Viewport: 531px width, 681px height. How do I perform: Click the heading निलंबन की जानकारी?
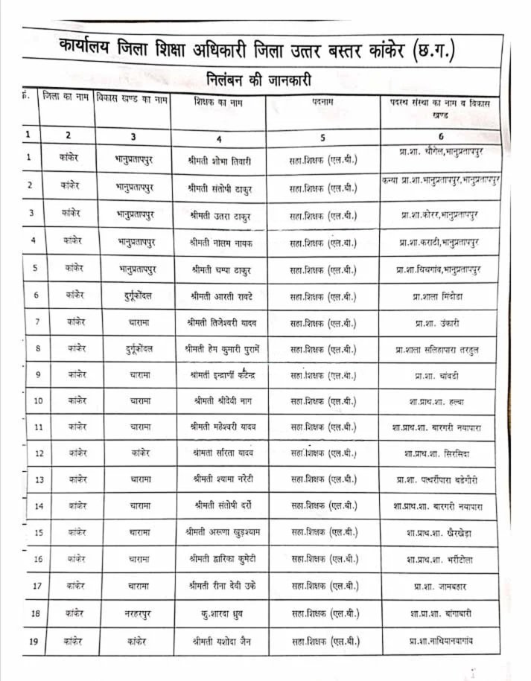(258, 79)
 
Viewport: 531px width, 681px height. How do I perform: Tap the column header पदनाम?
(322, 103)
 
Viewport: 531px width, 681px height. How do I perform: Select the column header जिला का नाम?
(67, 97)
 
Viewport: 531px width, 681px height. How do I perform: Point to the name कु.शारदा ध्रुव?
(223, 614)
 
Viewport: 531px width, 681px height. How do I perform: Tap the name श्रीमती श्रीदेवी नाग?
(221, 400)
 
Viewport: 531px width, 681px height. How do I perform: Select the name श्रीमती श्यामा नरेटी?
(221, 479)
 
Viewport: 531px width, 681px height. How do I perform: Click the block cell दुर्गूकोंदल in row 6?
(139, 295)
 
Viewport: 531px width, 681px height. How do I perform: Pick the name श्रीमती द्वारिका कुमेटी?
(223, 559)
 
